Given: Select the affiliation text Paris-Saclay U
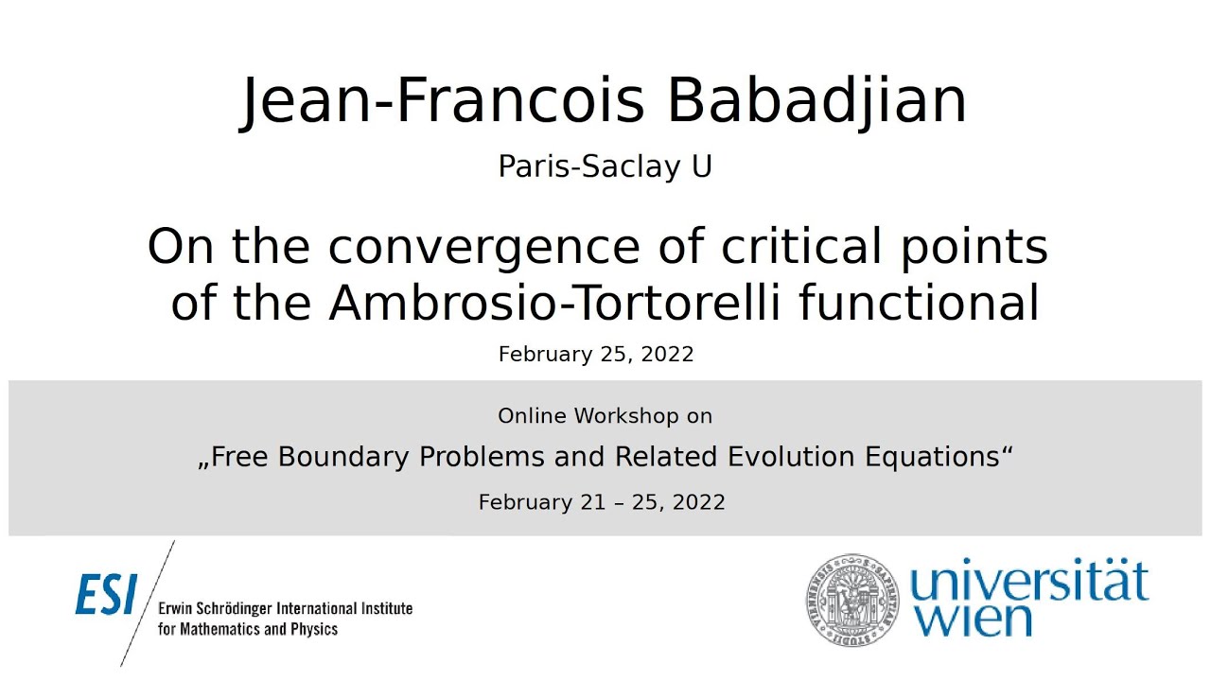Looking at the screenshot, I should tap(605, 166).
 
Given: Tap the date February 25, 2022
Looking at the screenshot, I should tap(596, 355).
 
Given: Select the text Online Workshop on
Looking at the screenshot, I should tap(605, 416).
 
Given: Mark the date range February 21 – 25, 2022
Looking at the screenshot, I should tap(602, 502).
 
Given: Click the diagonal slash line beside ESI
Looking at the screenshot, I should tap(149, 602).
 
